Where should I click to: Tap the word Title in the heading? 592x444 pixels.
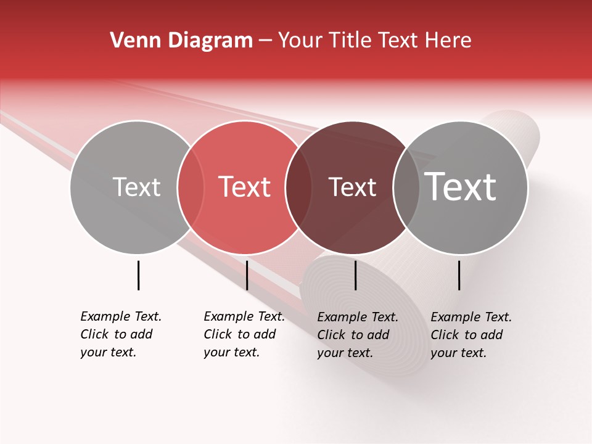(x=351, y=41)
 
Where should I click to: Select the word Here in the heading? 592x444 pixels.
(x=448, y=41)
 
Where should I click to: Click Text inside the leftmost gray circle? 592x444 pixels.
(x=136, y=187)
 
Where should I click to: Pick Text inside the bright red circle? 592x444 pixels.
(x=244, y=187)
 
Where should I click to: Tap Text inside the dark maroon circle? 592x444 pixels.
(x=352, y=187)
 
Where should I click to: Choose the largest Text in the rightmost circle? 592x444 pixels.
(x=461, y=187)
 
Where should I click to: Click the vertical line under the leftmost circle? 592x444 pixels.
(x=138, y=275)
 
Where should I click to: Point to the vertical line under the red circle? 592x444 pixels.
(x=247, y=275)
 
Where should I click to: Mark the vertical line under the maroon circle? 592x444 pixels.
(x=355, y=275)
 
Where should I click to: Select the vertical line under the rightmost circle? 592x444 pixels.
(x=459, y=275)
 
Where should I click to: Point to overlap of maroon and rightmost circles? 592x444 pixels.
(x=406, y=187)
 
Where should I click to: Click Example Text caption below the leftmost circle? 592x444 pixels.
(x=121, y=334)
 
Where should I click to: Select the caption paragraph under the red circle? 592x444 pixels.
(x=244, y=334)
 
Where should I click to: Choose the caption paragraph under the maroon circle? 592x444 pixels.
(x=358, y=335)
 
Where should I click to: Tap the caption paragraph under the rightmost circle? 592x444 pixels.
(x=471, y=335)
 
